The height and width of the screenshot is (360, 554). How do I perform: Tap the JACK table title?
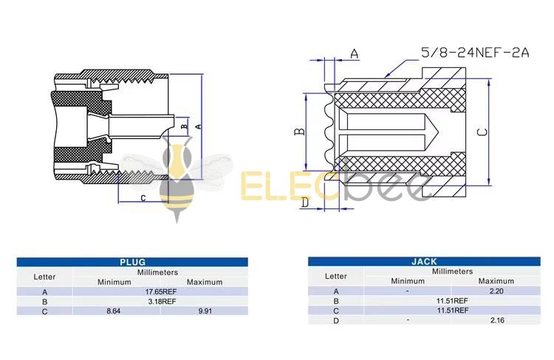[x=424, y=261]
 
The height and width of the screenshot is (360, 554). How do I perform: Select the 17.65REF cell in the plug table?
[x=160, y=291]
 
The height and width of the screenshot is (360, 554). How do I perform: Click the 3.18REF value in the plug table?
[x=160, y=302]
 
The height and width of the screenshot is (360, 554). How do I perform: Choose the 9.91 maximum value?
[x=204, y=312]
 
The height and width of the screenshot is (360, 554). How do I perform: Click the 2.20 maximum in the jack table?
[x=496, y=291]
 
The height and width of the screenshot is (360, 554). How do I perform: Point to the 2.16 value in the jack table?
[x=496, y=321]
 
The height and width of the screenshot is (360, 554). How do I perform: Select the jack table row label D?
[x=335, y=321]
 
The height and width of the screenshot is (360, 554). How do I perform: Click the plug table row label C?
[x=45, y=312]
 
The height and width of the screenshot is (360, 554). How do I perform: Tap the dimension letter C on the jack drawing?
[x=480, y=132]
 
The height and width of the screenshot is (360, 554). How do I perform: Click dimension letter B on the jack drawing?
[x=299, y=132]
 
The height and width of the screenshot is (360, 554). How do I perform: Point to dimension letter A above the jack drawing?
[x=355, y=53]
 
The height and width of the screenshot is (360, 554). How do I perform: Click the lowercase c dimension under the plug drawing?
[x=143, y=197]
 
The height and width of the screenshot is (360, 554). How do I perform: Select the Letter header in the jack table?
[x=335, y=276]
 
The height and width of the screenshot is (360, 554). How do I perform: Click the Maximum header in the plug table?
[x=204, y=282]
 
